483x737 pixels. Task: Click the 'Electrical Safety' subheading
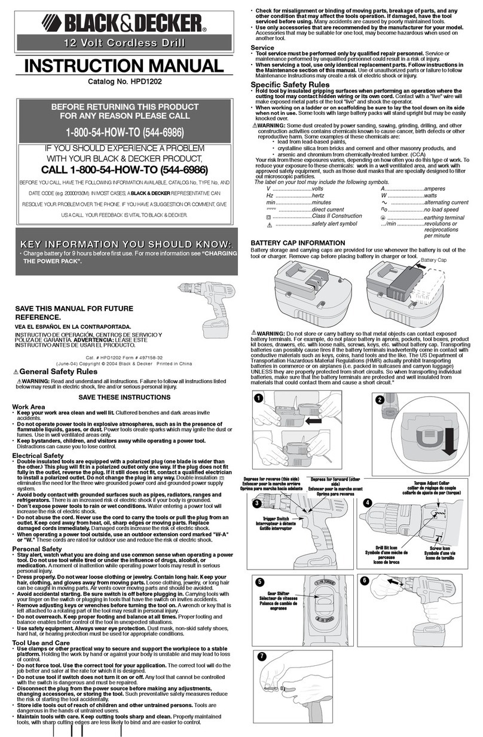[38, 455]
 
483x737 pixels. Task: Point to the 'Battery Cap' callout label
[435, 261]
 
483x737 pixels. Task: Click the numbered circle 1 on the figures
[258, 398]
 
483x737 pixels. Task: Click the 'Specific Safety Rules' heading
[289, 85]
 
